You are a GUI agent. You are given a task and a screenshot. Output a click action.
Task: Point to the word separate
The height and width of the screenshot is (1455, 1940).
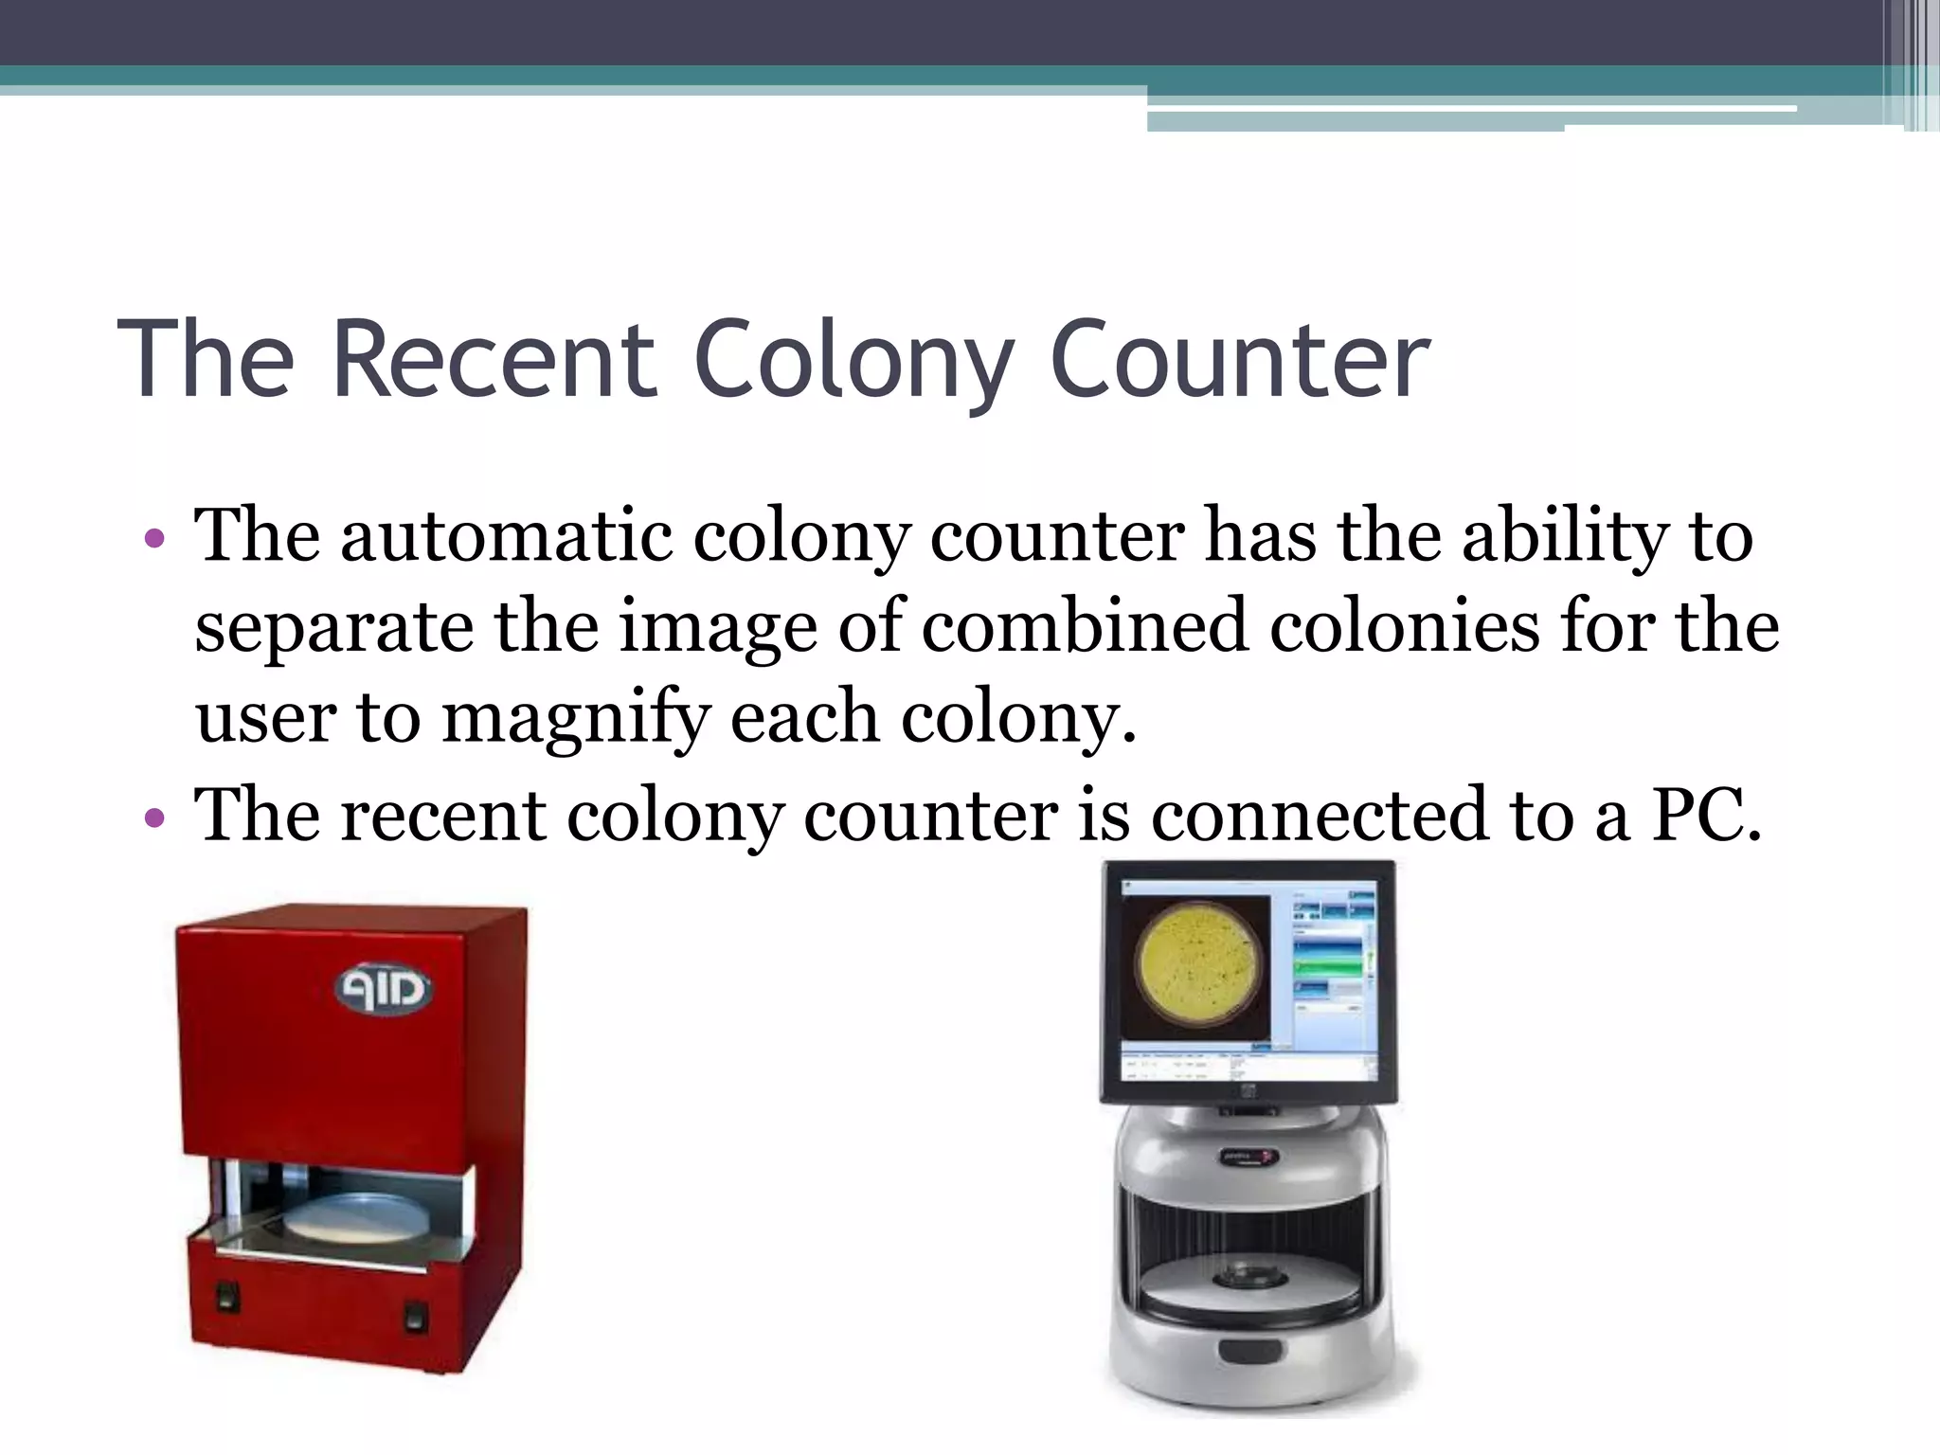pos(333,627)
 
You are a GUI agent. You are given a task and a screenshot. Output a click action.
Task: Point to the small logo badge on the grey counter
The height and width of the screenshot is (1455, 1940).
pos(1248,1157)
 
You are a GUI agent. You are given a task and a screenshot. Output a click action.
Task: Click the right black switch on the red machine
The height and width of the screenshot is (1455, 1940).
pos(415,1316)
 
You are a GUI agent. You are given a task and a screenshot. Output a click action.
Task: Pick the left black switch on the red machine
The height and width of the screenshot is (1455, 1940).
pos(225,1295)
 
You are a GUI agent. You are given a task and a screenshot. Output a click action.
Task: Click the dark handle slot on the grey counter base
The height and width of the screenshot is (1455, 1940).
pos(1248,1353)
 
